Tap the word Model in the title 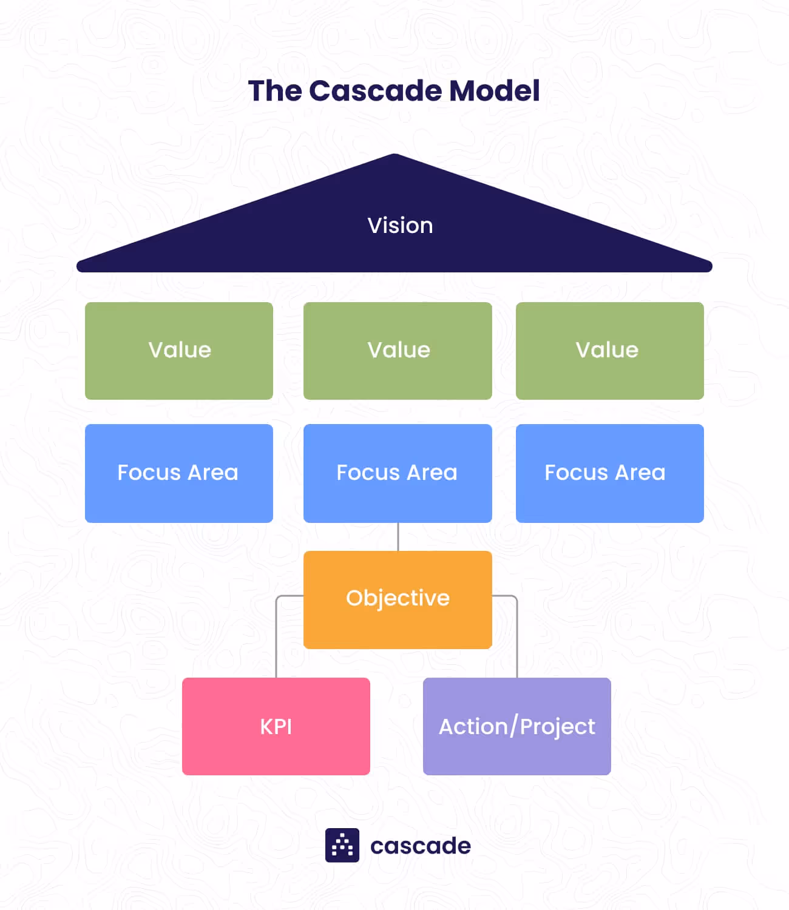(494, 91)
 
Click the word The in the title (275, 91)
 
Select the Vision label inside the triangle (400, 226)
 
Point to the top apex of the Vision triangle (394, 157)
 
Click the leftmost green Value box (179, 351)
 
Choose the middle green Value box (398, 351)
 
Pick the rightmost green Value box (609, 351)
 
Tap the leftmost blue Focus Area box (179, 473)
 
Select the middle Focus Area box (398, 473)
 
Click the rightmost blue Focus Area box (609, 473)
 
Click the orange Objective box (398, 599)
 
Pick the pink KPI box (276, 726)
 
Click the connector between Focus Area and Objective (398, 537)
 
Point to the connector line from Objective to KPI (277, 637)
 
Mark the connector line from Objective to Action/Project (516, 637)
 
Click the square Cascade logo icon (342, 845)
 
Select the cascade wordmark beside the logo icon (421, 846)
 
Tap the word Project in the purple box (558, 727)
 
